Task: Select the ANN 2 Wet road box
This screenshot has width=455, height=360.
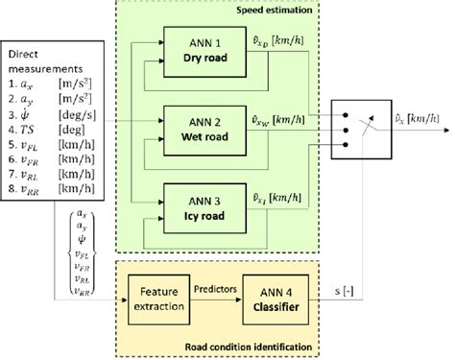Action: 203,130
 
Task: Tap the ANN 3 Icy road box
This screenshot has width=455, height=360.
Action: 203,208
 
